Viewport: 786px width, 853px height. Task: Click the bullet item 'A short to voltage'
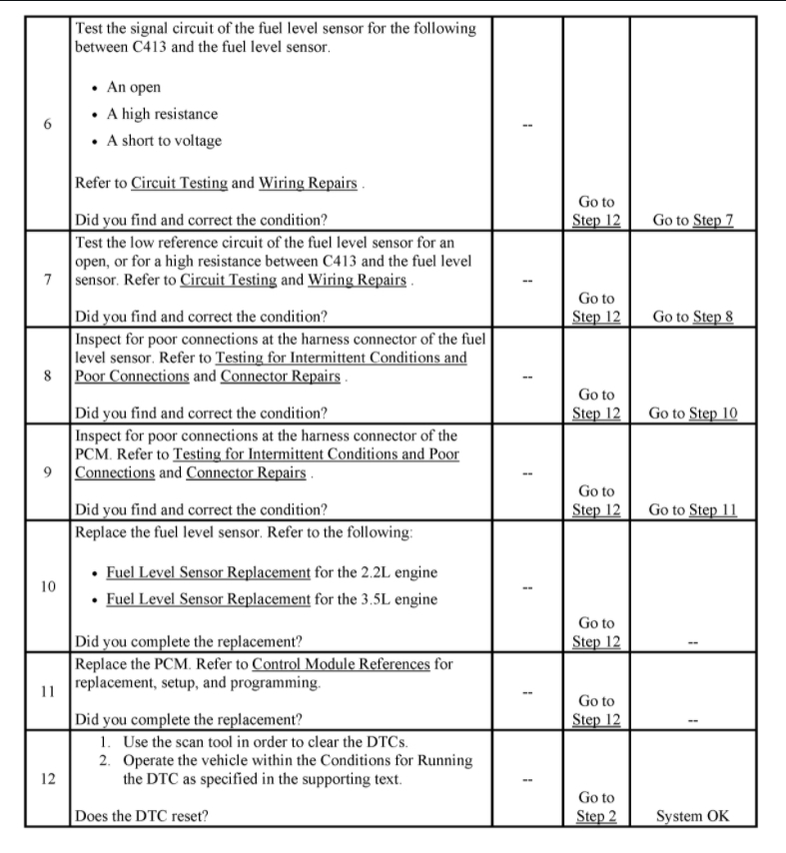tap(164, 141)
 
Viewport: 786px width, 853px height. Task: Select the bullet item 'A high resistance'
tap(162, 114)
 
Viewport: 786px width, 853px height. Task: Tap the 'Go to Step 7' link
tap(692, 220)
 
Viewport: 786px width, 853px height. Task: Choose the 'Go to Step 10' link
tap(692, 413)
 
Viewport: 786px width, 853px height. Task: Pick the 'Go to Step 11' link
tap(692, 509)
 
